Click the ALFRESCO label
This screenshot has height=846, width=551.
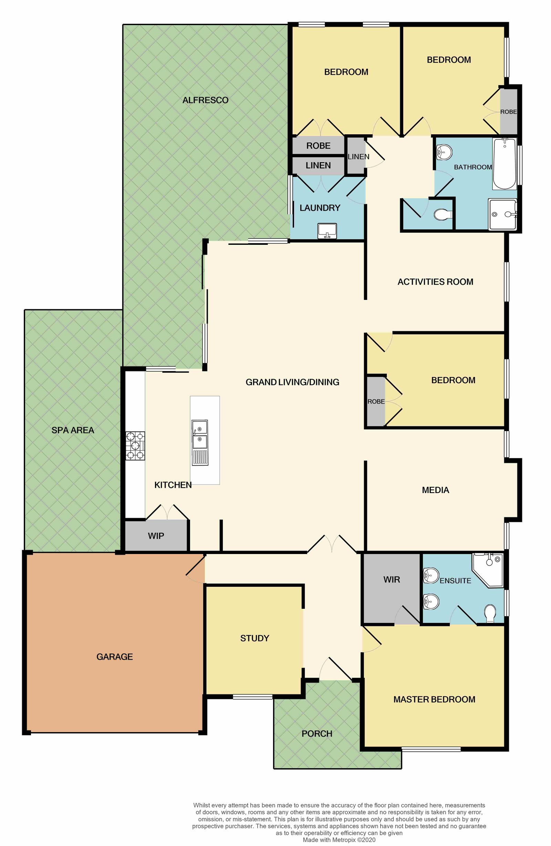pyautogui.click(x=205, y=100)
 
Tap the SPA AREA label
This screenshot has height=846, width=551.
pyautogui.click(x=73, y=430)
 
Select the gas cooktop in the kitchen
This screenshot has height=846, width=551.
pyautogui.click(x=135, y=446)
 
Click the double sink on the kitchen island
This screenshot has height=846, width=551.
pyautogui.click(x=200, y=442)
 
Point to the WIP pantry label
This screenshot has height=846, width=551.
pyautogui.click(x=156, y=536)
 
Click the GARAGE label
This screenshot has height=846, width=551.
pyautogui.click(x=114, y=657)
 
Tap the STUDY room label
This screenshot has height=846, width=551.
pyautogui.click(x=254, y=638)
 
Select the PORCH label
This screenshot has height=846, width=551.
pyautogui.click(x=317, y=733)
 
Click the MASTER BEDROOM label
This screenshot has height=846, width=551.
pyautogui.click(x=434, y=699)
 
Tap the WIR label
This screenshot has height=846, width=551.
pyautogui.click(x=392, y=579)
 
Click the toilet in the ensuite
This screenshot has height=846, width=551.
pyautogui.click(x=490, y=613)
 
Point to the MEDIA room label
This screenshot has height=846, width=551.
pyautogui.click(x=436, y=490)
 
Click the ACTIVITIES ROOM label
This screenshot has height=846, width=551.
pyautogui.click(x=436, y=282)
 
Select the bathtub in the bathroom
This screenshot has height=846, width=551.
pyautogui.click(x=504, y=164)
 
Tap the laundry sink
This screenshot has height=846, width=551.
pyautogui.click(x=327, y=231)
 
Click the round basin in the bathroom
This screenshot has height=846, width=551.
pyautogui.click(x=444, y=153)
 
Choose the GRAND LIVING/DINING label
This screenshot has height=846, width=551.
pyautogui.click(x=292, y=382)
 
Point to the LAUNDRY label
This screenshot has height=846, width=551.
pyautogui.click(x=320, y=208)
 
